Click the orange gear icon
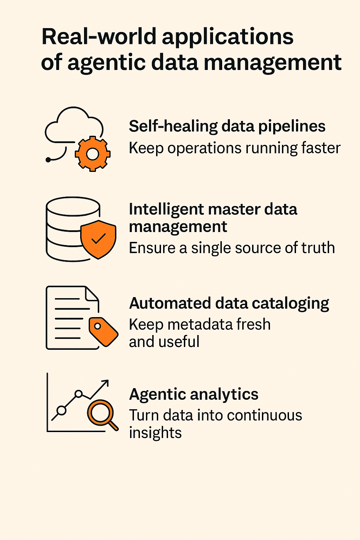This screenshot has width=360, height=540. point(92,154)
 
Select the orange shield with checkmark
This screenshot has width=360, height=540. point(98,239)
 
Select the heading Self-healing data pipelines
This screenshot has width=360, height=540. point(227,126)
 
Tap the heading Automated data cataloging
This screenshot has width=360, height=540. point(229,303)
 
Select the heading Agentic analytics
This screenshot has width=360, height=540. point(194,394)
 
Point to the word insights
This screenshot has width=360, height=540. point(155,433)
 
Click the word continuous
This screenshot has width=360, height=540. point(264,415)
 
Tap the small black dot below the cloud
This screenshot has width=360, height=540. point(49,160)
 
